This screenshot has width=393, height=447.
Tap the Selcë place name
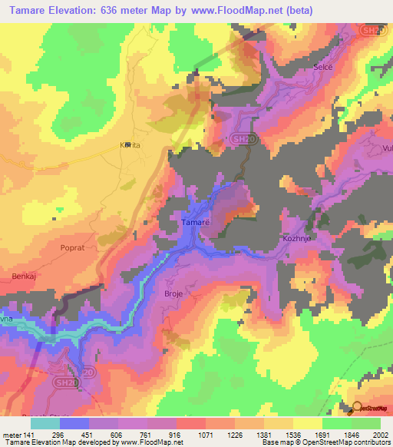[x=323, y=68]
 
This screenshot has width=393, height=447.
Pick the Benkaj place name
[x=24, y=275]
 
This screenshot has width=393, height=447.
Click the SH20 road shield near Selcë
[x=371, y=29]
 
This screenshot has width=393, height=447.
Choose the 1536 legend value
[x=282, y=434]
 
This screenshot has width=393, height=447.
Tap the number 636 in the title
[x=117, y=10]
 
